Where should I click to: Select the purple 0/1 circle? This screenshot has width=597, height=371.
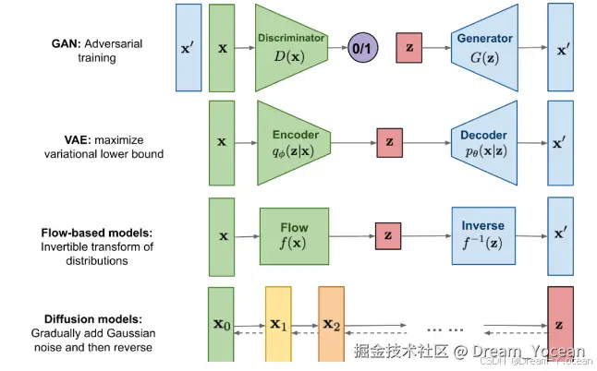[x=362, y=47]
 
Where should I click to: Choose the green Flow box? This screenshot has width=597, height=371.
[x=294, y=235]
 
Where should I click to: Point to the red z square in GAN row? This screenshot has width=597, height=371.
[x=410, y=47]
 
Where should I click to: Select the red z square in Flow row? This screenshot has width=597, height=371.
[x=388, y=235]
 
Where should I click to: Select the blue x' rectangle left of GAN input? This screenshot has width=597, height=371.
[x=188, y=47]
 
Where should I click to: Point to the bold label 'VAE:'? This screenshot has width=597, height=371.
[x=67, y=138]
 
